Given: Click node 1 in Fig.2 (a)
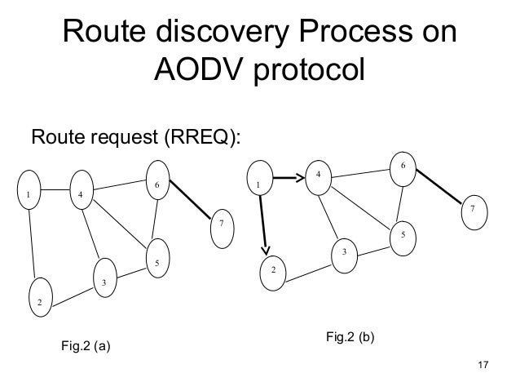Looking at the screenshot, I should pos(29,196).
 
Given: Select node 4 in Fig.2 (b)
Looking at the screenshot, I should pos(319,176).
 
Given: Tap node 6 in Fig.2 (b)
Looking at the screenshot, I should pos(402,167).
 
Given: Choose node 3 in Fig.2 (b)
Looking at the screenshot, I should pos(345,253).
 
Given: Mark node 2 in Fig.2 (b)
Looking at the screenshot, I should pos(274,269).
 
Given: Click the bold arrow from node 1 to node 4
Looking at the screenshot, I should pos(288,176).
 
